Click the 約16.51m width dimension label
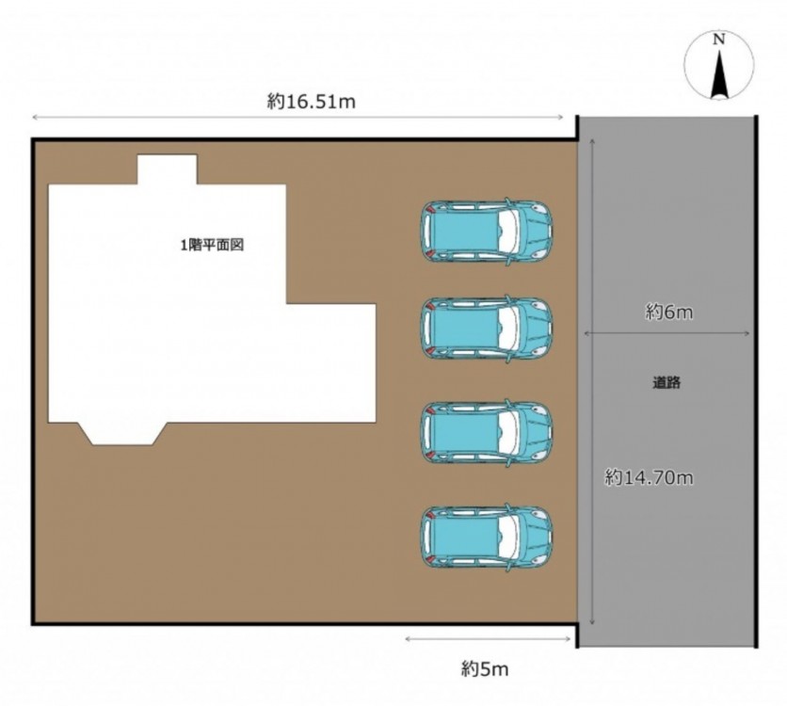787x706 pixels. (x=312, y=102)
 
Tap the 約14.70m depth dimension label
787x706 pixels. (x=649, y=477)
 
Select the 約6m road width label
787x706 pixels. (x=668, y=313)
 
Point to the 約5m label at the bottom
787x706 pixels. (x=485, y=669)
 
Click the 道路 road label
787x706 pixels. (x=667, y=383)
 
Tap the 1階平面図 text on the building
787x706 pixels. (x=213, y=246)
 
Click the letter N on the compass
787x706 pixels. (x=719, y=40)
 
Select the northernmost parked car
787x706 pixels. (x=486, y=232)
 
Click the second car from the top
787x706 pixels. (x=486, y=329)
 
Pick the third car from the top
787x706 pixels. (x=486, y=432)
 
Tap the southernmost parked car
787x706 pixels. (x=486, y=537)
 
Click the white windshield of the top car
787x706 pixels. (x=509, y=232)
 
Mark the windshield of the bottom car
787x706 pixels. (x=509, y=537)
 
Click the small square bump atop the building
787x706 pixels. (x=168, y=169)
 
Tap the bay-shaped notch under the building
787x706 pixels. (x=123, y=434)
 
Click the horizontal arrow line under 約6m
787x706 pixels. (x=667, y=333)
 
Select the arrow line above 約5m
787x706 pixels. (x=488, y=639)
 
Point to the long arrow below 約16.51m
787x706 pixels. (x=297, y=118)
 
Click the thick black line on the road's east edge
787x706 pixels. (x=756, y=381)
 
